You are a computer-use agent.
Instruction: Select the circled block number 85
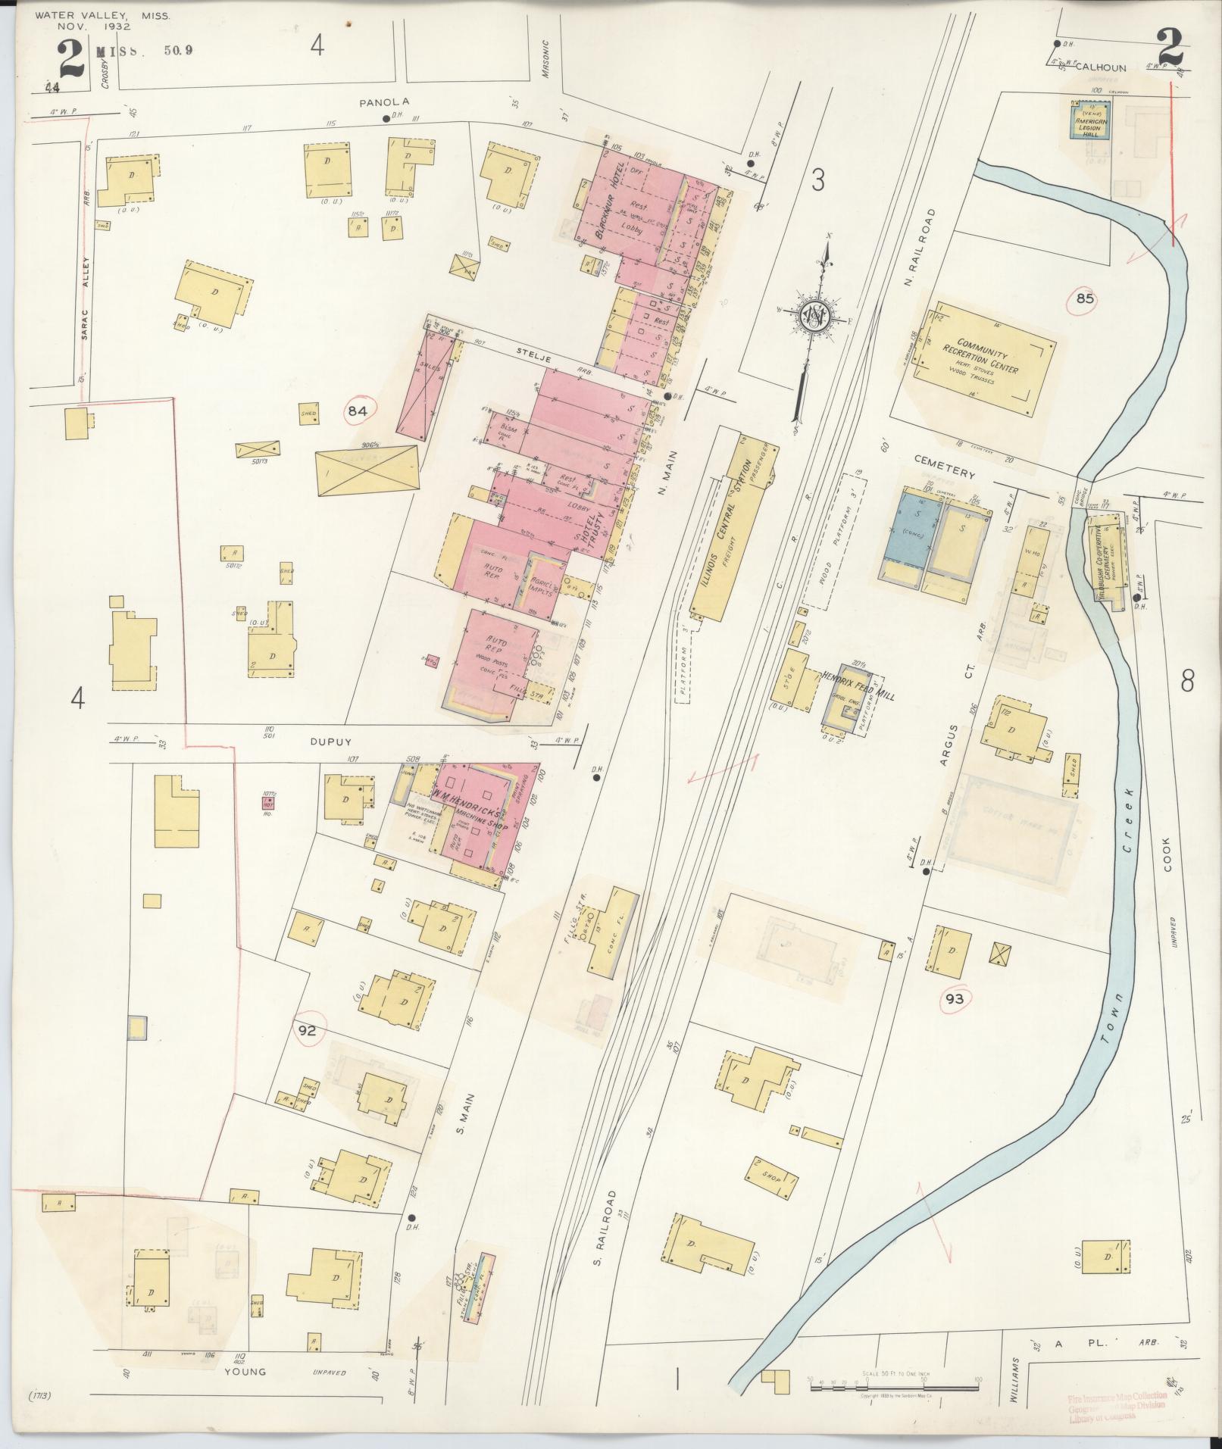click(1085, 298)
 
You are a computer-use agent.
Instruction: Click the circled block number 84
click(358, 411)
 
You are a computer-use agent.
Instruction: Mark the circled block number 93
click(954, 999)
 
